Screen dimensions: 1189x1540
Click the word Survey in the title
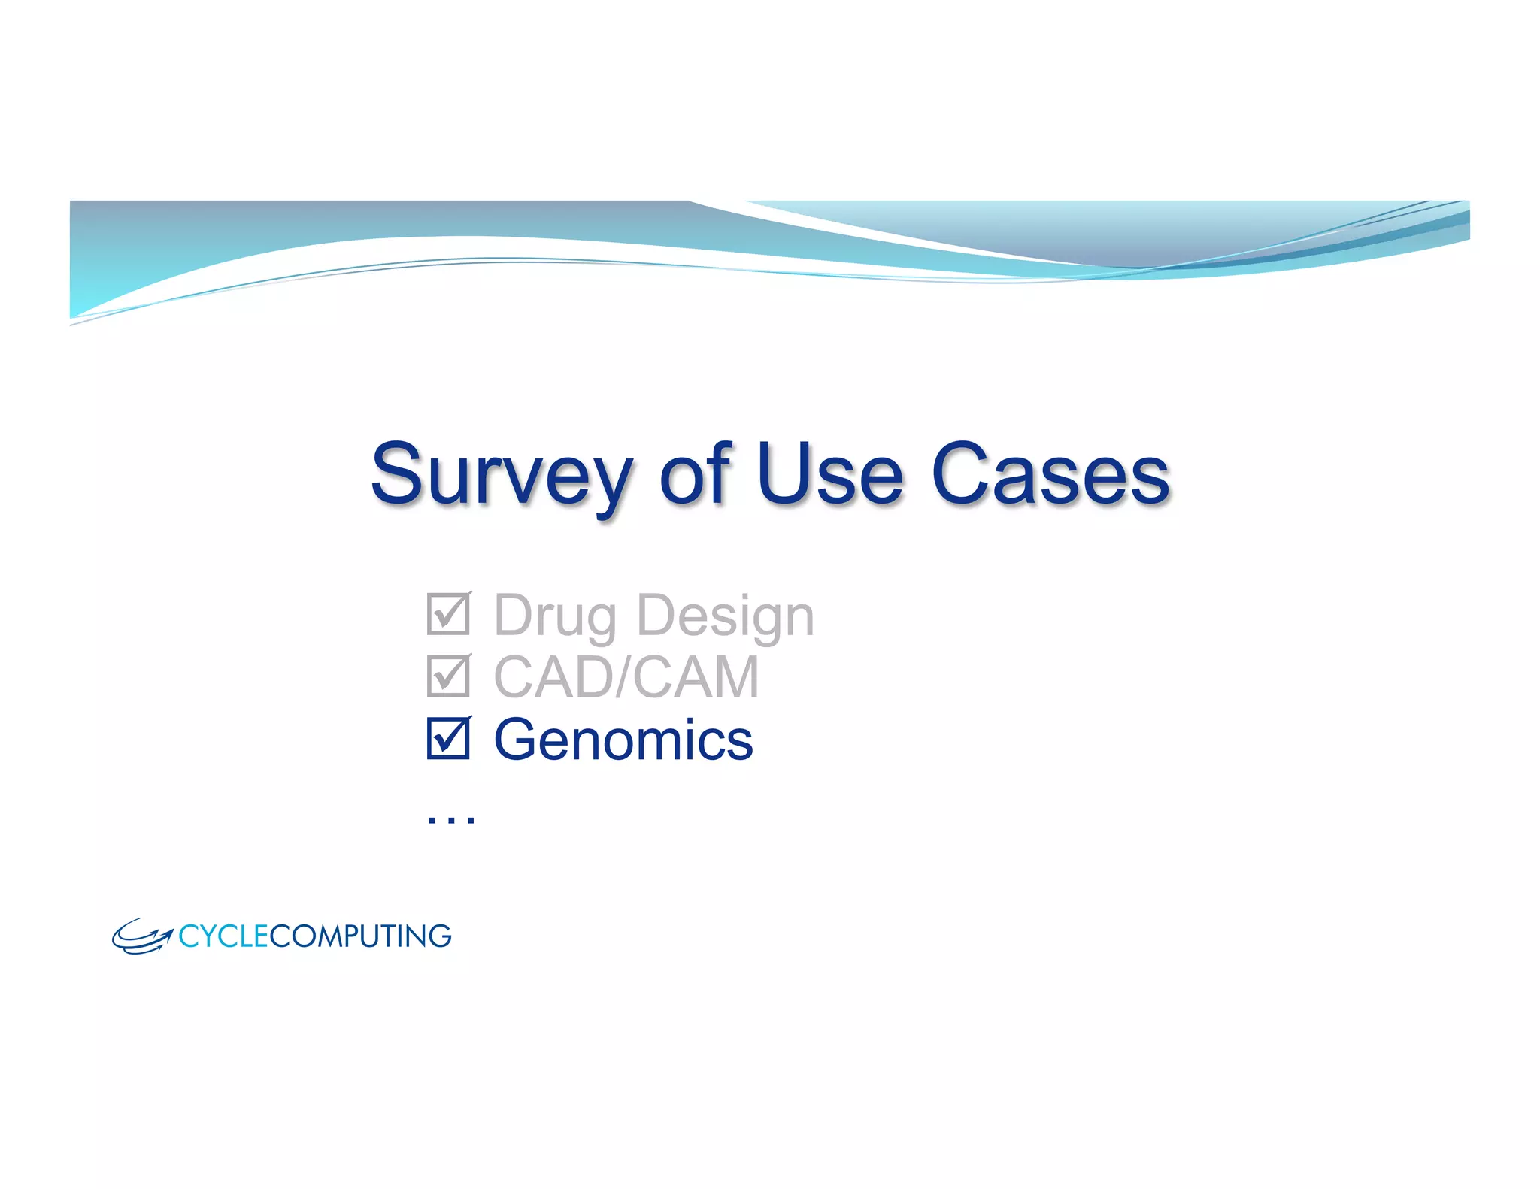tap(502, 475)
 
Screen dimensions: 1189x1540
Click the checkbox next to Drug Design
tap(448, 614)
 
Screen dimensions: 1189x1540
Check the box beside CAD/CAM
tap(448, 676)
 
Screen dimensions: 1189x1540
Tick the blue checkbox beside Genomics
tap(448, 738)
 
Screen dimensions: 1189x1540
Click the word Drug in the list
tap(555, 616)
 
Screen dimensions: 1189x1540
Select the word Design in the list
tap(725, 616)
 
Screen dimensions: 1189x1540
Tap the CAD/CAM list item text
tap(626, 677)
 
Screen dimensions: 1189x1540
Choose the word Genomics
tap(623, 740)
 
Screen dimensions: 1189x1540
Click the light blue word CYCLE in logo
tap(223, 936)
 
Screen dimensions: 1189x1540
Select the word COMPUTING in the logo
tap(360, 936)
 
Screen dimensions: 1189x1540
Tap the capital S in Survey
tap(398, 473)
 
